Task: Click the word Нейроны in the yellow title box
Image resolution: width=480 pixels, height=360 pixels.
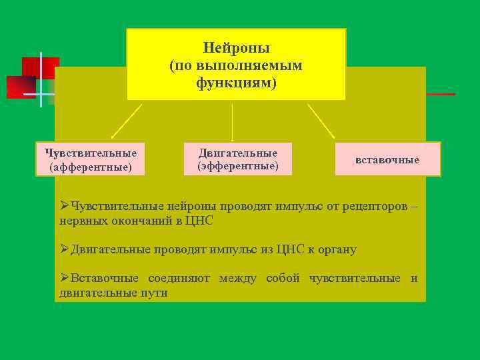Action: point(236,49)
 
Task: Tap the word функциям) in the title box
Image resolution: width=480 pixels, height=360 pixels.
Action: point(236,83)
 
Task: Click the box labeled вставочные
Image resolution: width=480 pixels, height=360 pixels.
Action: point(387,159)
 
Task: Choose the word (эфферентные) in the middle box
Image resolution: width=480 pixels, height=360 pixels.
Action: point(238,165)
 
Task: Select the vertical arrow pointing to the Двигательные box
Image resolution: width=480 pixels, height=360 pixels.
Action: point(232,121)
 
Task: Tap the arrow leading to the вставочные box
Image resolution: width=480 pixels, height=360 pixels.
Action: point(321,121)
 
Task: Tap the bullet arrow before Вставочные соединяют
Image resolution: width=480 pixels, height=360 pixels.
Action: point(64,278)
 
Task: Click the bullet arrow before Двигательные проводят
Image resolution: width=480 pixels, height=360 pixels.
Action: point(64,249)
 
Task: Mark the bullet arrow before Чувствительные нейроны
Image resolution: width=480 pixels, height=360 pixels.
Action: point(64,205)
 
